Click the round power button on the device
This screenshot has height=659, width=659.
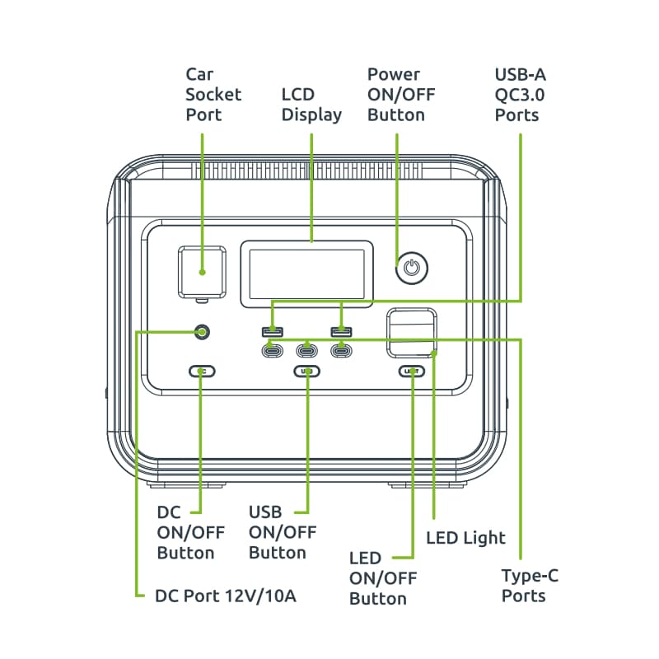413,268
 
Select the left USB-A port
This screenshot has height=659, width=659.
273,332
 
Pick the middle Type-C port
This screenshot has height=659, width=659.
307,350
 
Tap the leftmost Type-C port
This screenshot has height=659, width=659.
273,350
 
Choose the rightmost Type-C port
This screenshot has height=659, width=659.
341,350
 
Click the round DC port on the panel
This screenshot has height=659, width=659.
202,332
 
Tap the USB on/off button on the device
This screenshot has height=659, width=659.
307,372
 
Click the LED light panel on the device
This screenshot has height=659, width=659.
413,334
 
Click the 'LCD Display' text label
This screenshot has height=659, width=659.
311,105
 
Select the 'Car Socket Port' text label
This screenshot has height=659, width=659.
213,95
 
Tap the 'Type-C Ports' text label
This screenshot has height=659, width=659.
530,586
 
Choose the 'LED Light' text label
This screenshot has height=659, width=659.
466,538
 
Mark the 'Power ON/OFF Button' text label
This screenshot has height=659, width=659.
401,95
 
